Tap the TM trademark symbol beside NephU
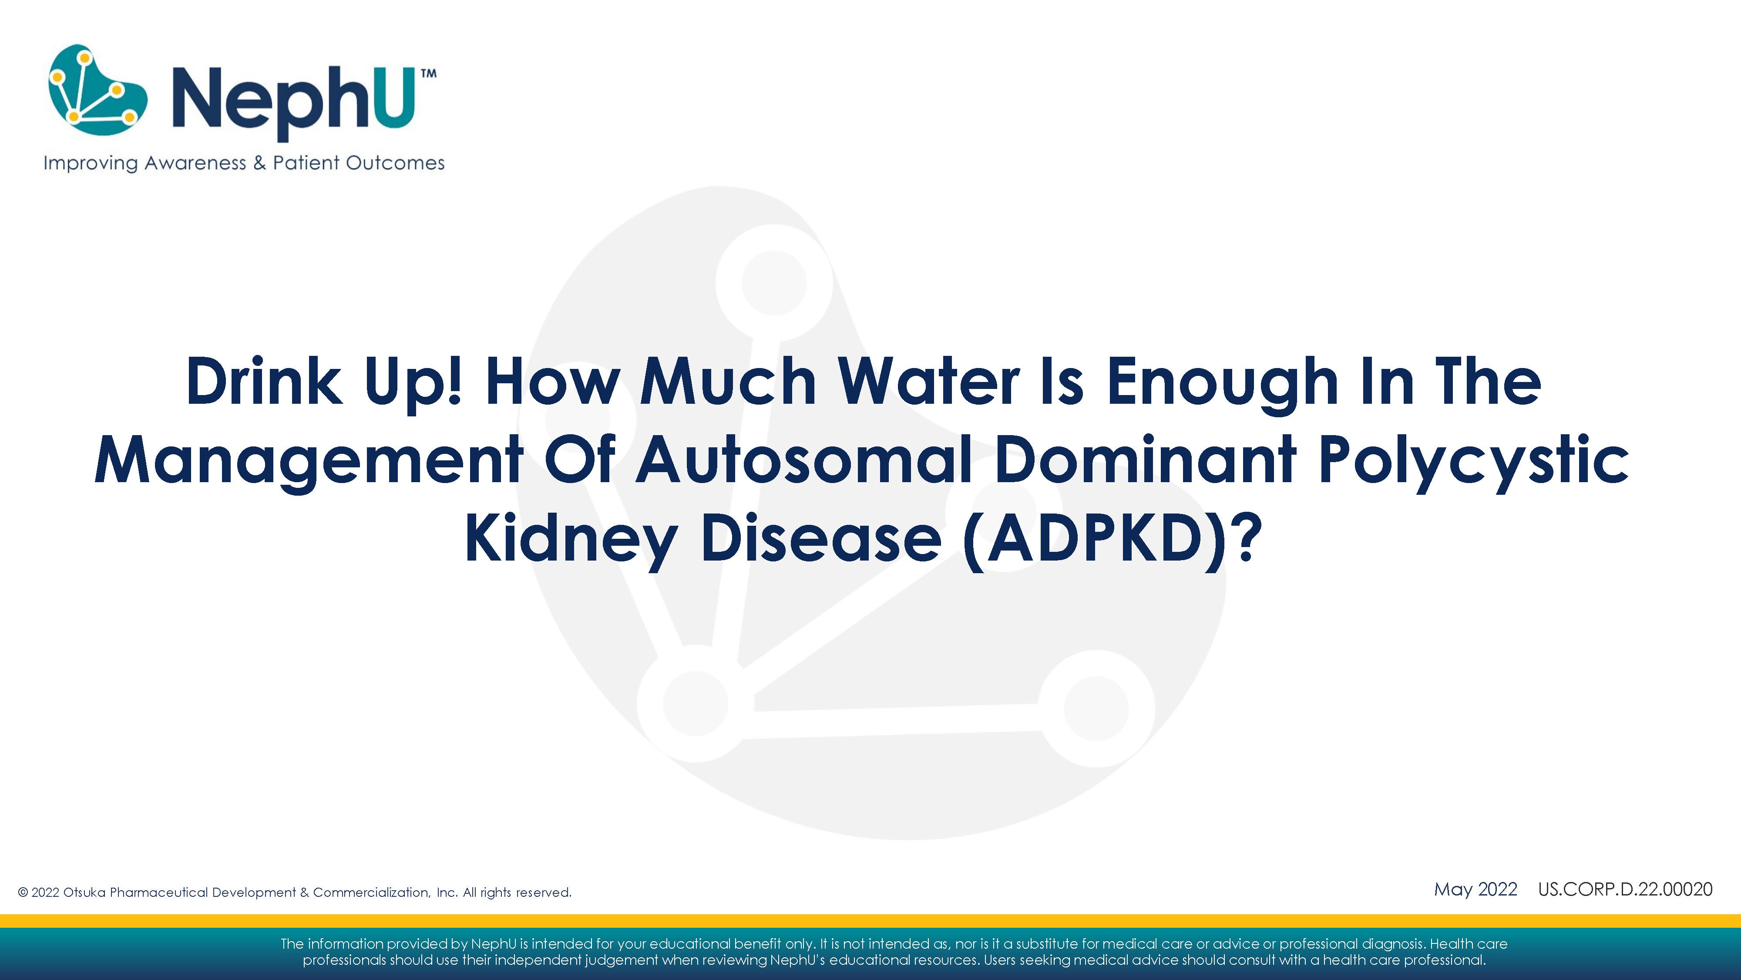(428, 74)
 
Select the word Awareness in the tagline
(195, 163)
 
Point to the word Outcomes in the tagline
(395, 163)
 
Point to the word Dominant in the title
(1145, 460)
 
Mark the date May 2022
(1475, 889)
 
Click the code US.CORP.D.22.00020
(1625, 889)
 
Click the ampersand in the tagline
(259, 163)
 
